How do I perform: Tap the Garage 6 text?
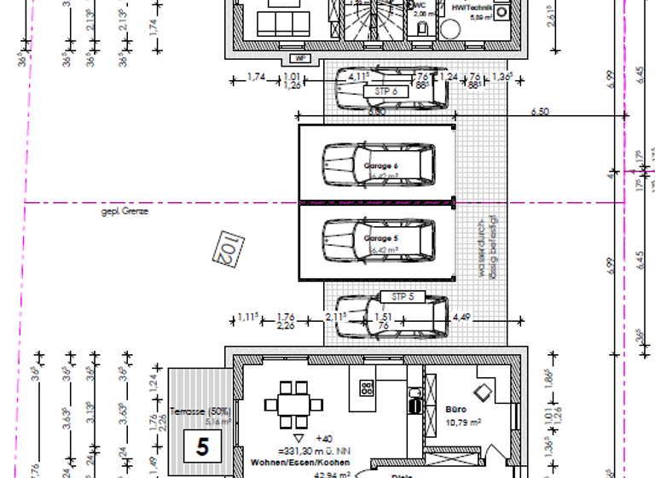point(381,166)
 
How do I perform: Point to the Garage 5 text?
point(381,238)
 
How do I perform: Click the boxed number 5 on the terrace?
point(202,446)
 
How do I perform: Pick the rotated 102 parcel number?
point(224,248)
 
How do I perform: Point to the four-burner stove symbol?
point(368,388)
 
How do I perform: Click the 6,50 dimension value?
point(539,112)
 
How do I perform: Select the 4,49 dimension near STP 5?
point(461,318)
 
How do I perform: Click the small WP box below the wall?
point(299,59)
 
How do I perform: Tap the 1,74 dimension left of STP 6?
point(255,78)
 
